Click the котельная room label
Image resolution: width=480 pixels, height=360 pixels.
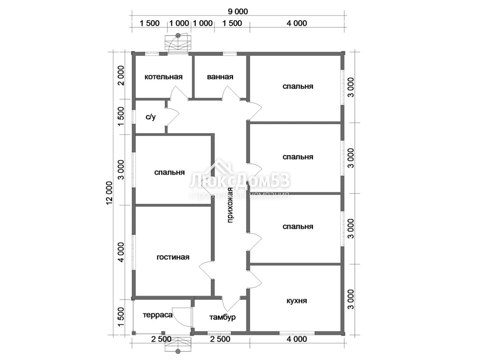click(164, 76)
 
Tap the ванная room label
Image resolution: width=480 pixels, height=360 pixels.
click(220, 76)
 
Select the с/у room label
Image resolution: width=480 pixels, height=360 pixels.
click(150, 117)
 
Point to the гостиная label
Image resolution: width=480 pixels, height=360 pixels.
click(173, 257)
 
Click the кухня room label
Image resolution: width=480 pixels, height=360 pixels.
click(297, 300)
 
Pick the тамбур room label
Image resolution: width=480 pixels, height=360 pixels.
click(223, 317)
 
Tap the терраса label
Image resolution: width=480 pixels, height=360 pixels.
click(157, 315)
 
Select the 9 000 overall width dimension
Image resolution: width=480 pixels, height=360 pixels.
click(238, 12)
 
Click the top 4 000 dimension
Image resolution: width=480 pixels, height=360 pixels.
click(297, 23)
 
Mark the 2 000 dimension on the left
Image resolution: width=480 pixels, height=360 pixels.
click(121, 75)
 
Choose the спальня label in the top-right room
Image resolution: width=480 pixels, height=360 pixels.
click(298, 86)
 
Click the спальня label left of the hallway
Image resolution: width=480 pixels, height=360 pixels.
click(170, 172)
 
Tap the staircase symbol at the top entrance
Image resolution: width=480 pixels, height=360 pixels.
click(178, 43)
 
